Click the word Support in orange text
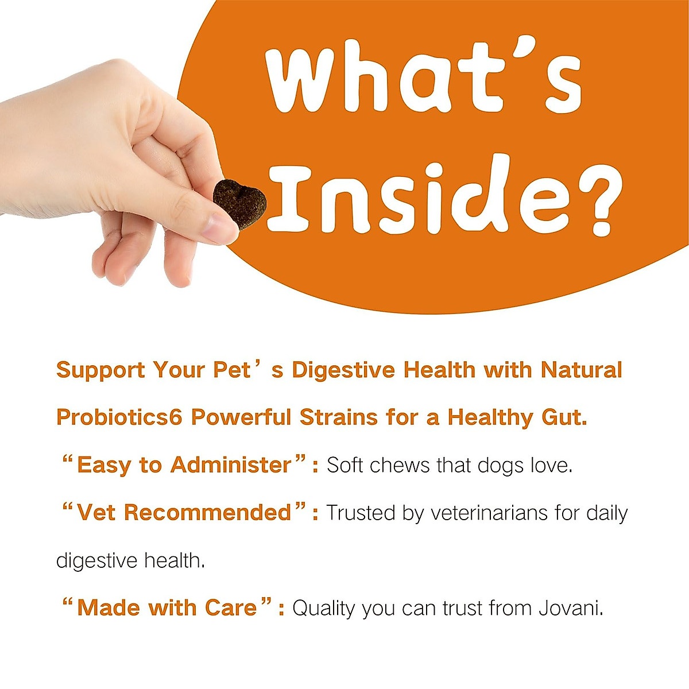[x=100, y=370]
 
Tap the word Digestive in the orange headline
[x=343, y=370]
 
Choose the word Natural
[x=581, y=370]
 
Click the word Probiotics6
[x=119, y=417]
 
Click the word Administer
[x=231, y=465]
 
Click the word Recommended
[x=208, y=512]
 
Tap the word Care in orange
[x=231, y=607]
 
